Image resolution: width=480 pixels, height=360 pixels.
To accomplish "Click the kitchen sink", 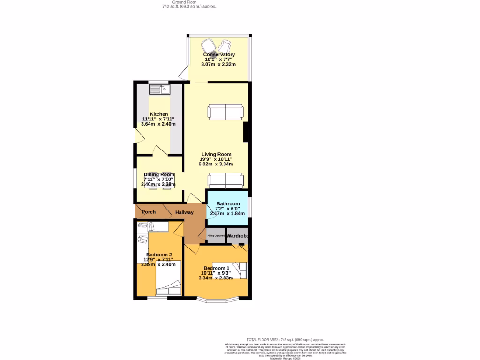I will click(160, 89).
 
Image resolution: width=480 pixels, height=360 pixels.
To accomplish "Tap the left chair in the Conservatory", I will click(208, 46).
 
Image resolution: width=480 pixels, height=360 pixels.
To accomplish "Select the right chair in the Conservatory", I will click(224, 46).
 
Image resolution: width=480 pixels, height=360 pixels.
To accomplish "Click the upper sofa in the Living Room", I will click(225, 112).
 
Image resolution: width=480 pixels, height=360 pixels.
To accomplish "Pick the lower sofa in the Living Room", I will click(225, 180).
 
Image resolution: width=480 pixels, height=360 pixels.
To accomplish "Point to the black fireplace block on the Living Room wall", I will click(246, 132).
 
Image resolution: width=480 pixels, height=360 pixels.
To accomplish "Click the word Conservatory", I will click(219, 55).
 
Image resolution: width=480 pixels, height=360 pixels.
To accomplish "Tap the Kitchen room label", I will click(159, 114).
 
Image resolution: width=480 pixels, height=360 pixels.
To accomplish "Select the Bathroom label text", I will click(228, 203).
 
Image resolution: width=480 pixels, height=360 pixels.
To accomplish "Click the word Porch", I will click(149, 212).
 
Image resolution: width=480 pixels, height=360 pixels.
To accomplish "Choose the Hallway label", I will click(184, 212).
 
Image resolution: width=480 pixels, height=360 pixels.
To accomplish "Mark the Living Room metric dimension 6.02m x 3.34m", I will click(216, 164).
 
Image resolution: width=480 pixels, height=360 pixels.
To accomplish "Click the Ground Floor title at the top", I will click(189, 2).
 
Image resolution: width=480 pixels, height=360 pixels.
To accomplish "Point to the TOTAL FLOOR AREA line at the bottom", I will click(285, 339).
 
